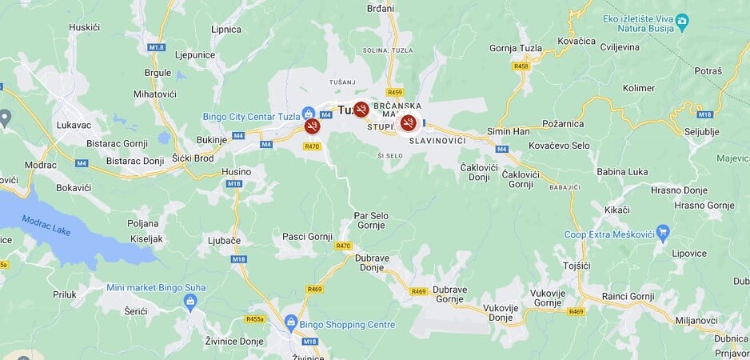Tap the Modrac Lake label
(x=47, y=225)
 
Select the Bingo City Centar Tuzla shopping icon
(x=308, y=113)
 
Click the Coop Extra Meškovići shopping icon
(x=661, y=234)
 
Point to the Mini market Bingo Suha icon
(x=190, y=301)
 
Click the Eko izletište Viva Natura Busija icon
(x=681, y=20)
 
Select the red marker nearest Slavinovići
(x=409, y=122)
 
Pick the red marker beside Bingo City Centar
(x=312, y=126)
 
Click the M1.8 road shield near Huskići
(x=157, y=48)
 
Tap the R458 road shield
(x=521, y=66)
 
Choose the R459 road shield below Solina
(x=394, y=92)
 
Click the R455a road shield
(x=255, y=318)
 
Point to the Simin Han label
(x=509, y=131)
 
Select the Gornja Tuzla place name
(x=516, y=48)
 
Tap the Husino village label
(x=236, y=171)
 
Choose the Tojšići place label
(x=576, y=265)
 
